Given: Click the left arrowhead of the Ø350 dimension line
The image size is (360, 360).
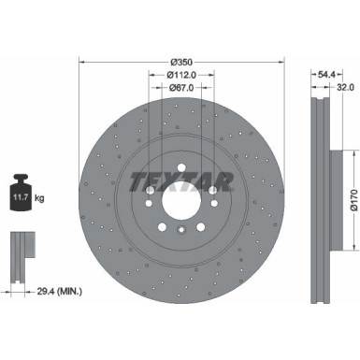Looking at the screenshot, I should click(x=83, y=64).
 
